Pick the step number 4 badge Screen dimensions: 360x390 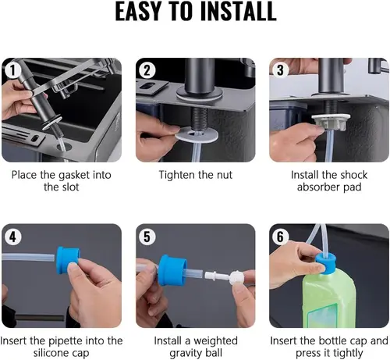tap(11, 234)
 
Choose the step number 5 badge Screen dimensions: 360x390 tap(145, 234)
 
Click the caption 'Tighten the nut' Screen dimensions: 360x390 tap(195, 175)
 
